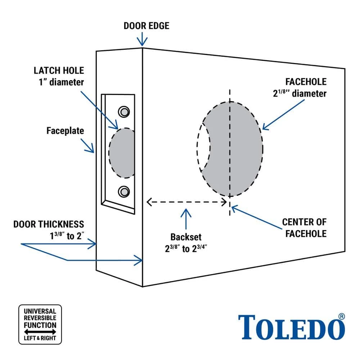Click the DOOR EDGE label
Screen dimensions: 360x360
click(x=146, y=26)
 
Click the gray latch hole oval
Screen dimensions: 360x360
click(x=122, y=153)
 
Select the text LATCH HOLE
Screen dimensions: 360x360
click(x=59, y=70)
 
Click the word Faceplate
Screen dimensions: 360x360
click(x=65, y=131)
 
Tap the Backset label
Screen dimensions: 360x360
click(x=186, y=237)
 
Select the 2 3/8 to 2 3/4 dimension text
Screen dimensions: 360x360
click(x=186, y=249)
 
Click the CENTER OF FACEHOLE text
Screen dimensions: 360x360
click(x=304, y=228)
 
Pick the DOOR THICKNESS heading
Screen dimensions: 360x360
click(x=49, y=224)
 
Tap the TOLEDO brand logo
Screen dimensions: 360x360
click(x=288, y=327)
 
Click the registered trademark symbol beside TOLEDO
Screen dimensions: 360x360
click(x=342, y=316)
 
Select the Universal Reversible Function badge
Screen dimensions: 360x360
click(x=40, y=324)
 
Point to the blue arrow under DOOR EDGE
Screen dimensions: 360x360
click(x=143, y=38)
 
